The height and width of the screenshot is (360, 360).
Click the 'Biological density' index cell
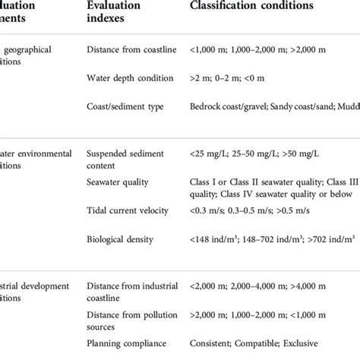120,239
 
